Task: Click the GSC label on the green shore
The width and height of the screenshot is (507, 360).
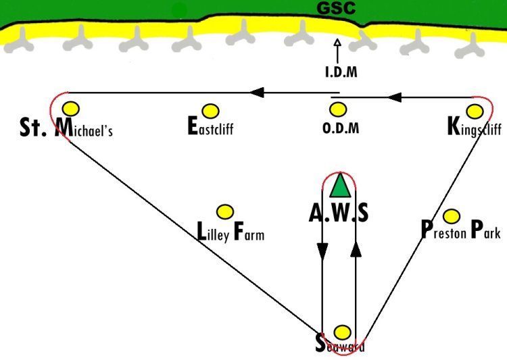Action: click(x=336, y=8)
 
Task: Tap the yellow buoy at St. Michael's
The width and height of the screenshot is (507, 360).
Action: click(x=71, y=109)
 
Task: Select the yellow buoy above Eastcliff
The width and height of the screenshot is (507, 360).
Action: click(x=210, y=111)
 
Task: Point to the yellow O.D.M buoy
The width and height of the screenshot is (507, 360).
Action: click(x=338, y=109)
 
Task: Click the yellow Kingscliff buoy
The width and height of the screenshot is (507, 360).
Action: click(x=475, y=111)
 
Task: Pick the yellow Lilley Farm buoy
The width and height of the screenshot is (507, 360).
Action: click(x=225, y=212)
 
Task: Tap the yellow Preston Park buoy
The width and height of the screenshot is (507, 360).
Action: click(x=452, y=216)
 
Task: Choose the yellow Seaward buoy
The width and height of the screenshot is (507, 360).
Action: click(x=342, y=332)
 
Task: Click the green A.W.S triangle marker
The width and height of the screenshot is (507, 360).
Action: click(x=340, y=186)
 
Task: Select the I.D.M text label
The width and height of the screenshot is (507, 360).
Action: click(x=341, y=72)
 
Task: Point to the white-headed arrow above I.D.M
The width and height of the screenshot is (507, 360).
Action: click(x=337, y=51)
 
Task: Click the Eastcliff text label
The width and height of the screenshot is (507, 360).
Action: click(x=210, y=126)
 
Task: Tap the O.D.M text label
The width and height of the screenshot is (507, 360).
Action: click(x=341, y=128)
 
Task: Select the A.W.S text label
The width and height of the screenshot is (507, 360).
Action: click(x=339, y=213)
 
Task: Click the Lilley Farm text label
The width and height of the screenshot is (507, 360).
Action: click(x=231, y=232)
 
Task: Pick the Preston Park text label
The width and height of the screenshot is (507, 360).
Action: click(x=461, y=230)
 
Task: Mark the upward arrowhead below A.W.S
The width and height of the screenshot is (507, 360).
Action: click(x=356, y=249)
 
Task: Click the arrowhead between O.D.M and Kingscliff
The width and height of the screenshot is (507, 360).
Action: click(x=395, y=97)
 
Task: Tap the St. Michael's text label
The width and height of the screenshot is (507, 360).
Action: click(x=66, y=128)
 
